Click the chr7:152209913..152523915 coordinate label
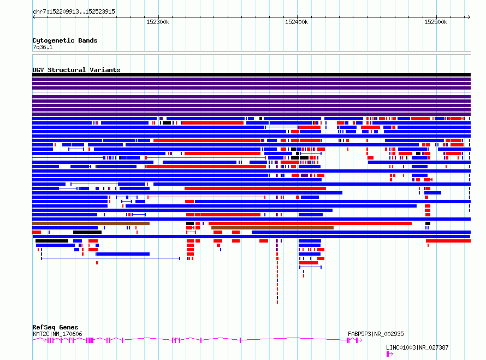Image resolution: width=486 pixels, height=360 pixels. click(x=74, y=12)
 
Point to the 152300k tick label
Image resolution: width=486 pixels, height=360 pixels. click(x=158, y=22)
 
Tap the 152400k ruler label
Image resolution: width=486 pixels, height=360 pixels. click(x=297, y=22)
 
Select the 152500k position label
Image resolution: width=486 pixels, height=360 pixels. click(x=435, y=22)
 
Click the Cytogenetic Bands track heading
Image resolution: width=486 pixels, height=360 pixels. click(x=65, y=40)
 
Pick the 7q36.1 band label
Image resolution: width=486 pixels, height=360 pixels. click(x=43, y=47)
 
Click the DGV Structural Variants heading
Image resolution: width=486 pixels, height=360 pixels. click(x=76, y=70)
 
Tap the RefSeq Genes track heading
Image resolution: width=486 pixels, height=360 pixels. click(x=55, y=327)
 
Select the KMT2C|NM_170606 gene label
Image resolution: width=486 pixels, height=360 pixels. click(x=57, y=334)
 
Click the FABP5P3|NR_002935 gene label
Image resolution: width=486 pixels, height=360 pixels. click(x=376, y=334)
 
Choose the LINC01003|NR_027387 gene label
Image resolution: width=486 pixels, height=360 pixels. click(x=417, y=347)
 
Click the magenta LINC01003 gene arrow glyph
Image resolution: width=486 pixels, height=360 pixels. click(x=389, y=354)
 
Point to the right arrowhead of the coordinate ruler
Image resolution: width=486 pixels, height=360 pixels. click(x=469, y=17)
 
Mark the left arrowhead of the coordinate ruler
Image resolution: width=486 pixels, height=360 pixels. click(x=34, y=17)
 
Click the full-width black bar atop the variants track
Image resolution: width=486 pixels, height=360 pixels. click(x=251, y=75)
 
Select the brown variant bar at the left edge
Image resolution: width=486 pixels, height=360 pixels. click(x=91, y=223)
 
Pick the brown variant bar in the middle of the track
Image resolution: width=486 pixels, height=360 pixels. click(x=272, y=228)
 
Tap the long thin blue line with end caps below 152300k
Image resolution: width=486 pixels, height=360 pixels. click(x=110, y=258)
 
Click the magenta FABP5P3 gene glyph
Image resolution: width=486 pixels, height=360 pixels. click(x=354, y=340)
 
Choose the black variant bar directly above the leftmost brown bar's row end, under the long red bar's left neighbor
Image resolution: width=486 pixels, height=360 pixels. click(x=189, y=223)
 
